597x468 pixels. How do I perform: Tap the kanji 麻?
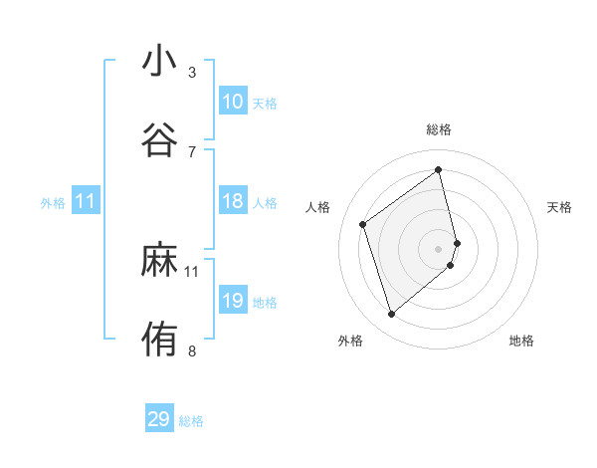coord(159,260)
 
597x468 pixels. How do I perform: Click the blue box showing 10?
coord(233,102)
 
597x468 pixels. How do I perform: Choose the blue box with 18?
coord(233,201)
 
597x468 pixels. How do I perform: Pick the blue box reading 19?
coord(233,301)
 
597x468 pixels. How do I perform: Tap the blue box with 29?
coord(159,419)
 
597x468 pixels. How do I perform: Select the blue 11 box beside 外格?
coord(86,201)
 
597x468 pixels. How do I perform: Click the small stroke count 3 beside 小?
coord(192,73)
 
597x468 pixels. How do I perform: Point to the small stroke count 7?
coord(192,151)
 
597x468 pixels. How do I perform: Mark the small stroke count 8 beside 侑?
coord(192,351)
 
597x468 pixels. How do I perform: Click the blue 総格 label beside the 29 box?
coord(191,421)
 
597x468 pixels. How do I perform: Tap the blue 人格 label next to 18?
coord(265,203)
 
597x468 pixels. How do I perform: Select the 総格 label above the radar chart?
coord(439,129)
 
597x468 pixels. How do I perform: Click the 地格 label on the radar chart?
coord(521,341)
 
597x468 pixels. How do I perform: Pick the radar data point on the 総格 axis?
coord(439,169)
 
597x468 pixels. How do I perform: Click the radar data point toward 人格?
coord(363,224)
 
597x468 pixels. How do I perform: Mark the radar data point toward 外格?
coord(391,315)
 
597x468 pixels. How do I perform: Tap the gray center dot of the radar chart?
coord(439,248)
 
